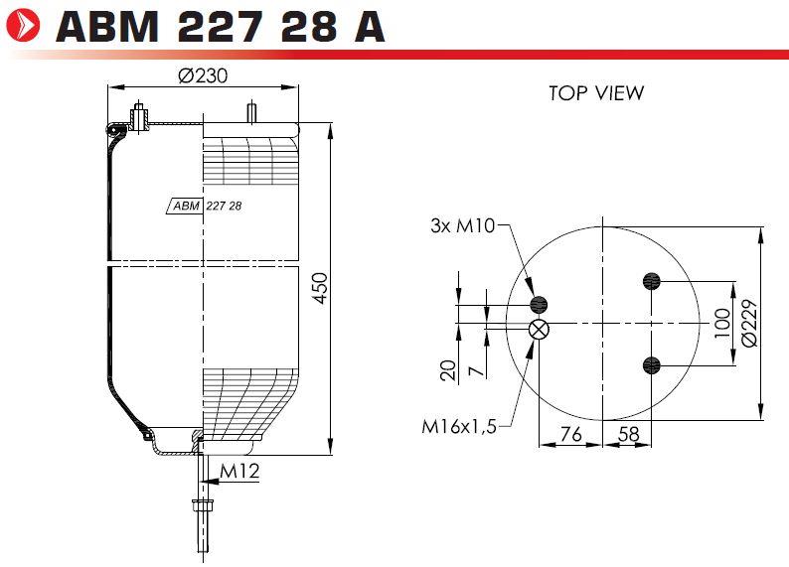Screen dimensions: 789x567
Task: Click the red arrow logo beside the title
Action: click(x=23, y=25)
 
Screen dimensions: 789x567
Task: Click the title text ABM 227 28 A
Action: click(x=221, y=27)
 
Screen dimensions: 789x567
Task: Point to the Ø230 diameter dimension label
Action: click(x=203, y=75)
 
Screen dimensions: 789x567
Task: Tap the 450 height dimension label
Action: click(x=320, y=288)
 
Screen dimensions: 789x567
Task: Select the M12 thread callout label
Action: click(x=239, y=471)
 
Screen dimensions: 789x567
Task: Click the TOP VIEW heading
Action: click(x=596, y=93)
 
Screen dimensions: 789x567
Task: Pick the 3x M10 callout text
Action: click(x=463, y=225)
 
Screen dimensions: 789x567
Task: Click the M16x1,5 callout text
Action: click(x=459, y=427)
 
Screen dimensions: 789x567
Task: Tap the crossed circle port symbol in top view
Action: click(x=539, y=330)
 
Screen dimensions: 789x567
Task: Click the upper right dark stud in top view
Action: click(x=652, y=280)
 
